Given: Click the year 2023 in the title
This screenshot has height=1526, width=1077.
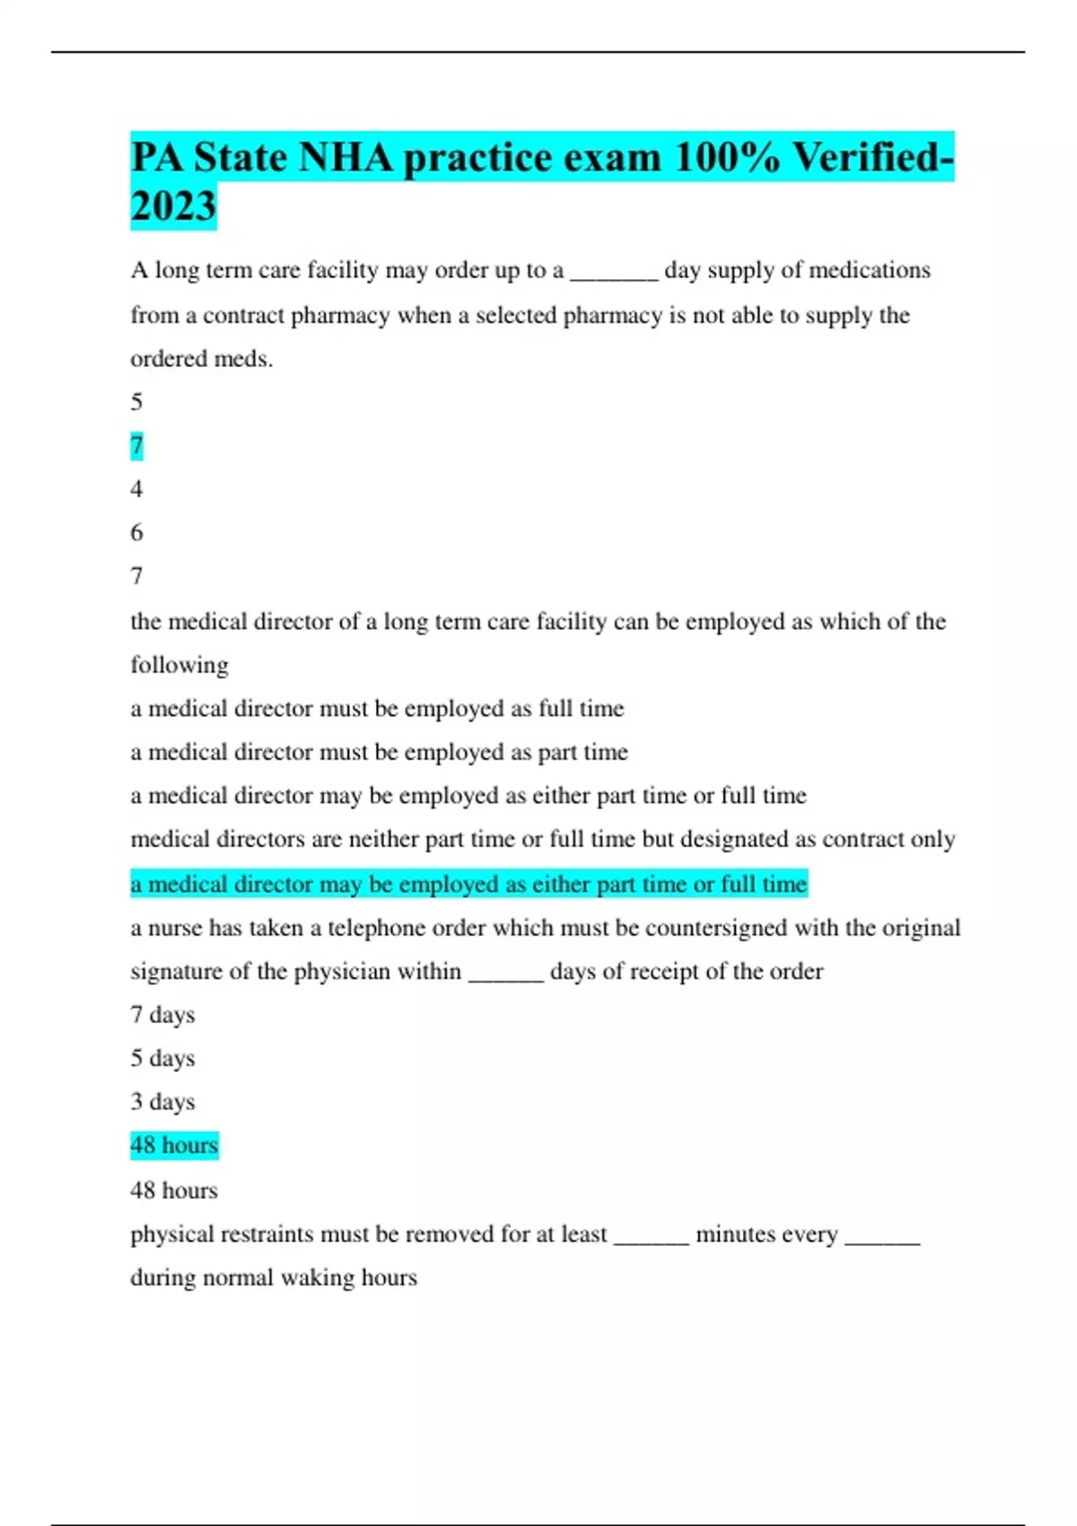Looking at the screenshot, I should tap(173, 206).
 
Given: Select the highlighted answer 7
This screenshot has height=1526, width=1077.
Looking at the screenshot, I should tap(136, 445).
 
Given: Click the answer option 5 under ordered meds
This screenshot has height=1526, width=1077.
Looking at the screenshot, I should tap(136, 401).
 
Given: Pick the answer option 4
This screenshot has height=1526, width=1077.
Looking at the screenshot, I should tap(136, 489).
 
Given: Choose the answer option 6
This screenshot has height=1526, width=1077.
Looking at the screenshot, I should tap(136, 532).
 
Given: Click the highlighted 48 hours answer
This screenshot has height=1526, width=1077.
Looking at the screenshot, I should tap(174, 1145).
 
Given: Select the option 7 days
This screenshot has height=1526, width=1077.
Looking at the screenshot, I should tap(162, 1015).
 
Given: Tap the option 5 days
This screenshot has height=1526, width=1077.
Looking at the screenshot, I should tap(162, 1058).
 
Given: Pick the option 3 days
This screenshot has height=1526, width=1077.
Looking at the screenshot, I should tap(162, 1101).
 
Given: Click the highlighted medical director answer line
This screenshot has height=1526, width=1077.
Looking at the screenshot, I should tap(468, 884).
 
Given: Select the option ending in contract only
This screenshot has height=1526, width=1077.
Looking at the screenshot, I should tap(542, 839).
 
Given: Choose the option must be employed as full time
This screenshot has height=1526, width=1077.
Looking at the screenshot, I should tap(377, 709).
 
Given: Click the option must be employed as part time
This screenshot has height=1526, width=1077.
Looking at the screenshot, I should tap(379, 752).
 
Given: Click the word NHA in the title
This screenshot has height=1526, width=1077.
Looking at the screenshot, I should tap(345, 158).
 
